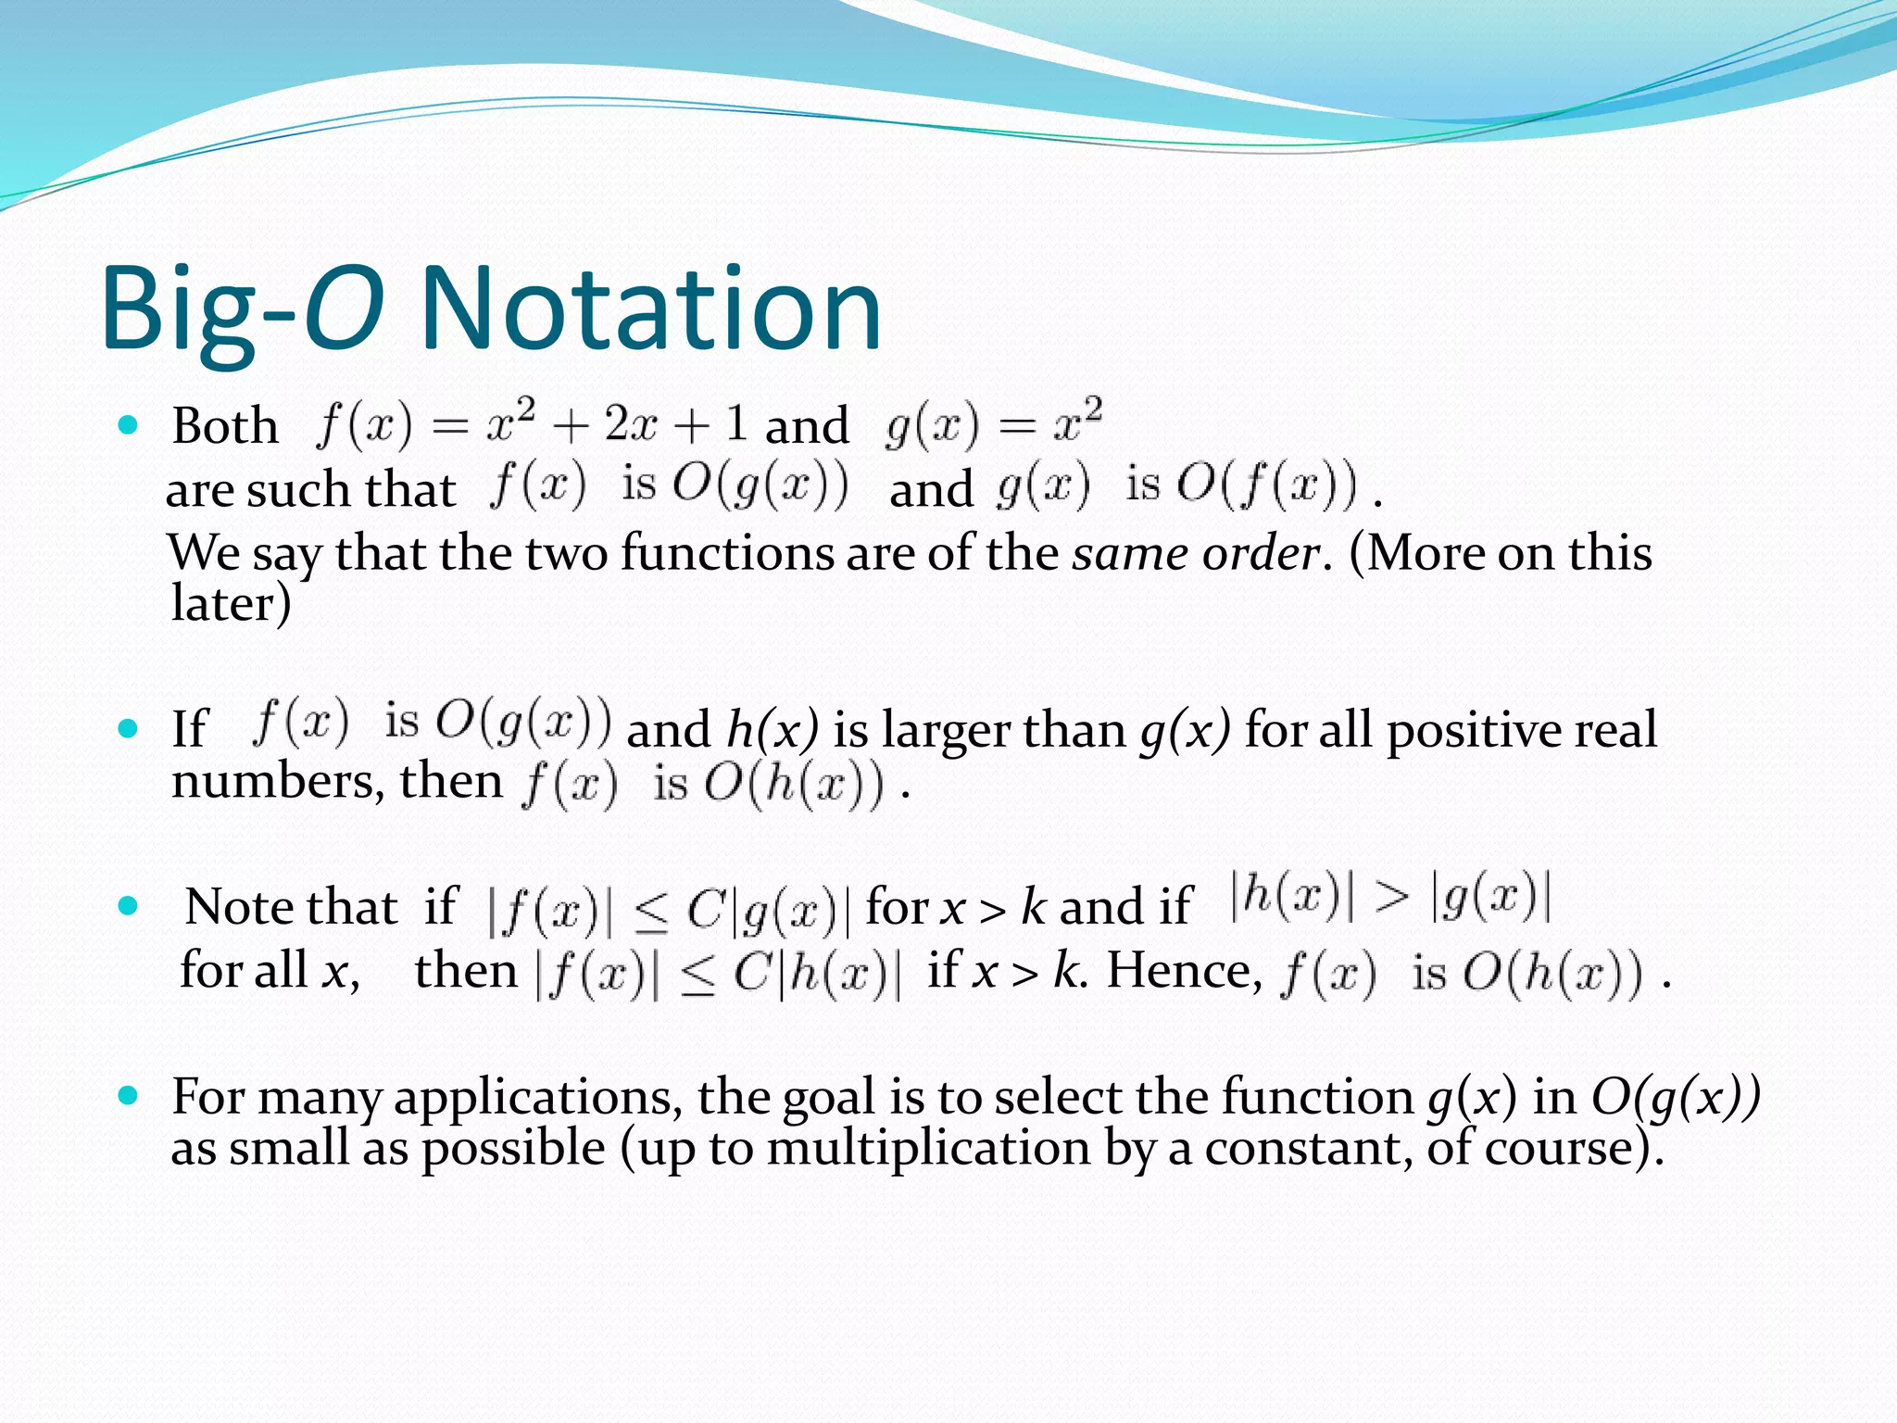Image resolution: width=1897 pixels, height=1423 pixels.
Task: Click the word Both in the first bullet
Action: click(x=225, y=427)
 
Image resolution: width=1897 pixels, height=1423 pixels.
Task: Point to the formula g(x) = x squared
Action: click(x=993, y=424)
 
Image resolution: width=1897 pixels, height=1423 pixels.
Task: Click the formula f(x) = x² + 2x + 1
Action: click(x=532, y=424)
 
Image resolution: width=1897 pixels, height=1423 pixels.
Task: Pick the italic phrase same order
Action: click(x=1196, y=554)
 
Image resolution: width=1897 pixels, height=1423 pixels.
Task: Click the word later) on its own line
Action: click(x=232, y=603)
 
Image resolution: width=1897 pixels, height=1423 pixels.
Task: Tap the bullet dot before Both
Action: click(x=129, y=425)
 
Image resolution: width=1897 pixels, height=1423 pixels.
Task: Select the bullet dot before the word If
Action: click(x=129, y=728)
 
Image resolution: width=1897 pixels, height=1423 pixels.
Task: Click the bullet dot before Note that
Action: click(x=129, y=905)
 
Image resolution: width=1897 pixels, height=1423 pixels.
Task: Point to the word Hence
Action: click(x=1185, y=972)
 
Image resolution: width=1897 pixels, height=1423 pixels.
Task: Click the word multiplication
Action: click(x=929, y=1149)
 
